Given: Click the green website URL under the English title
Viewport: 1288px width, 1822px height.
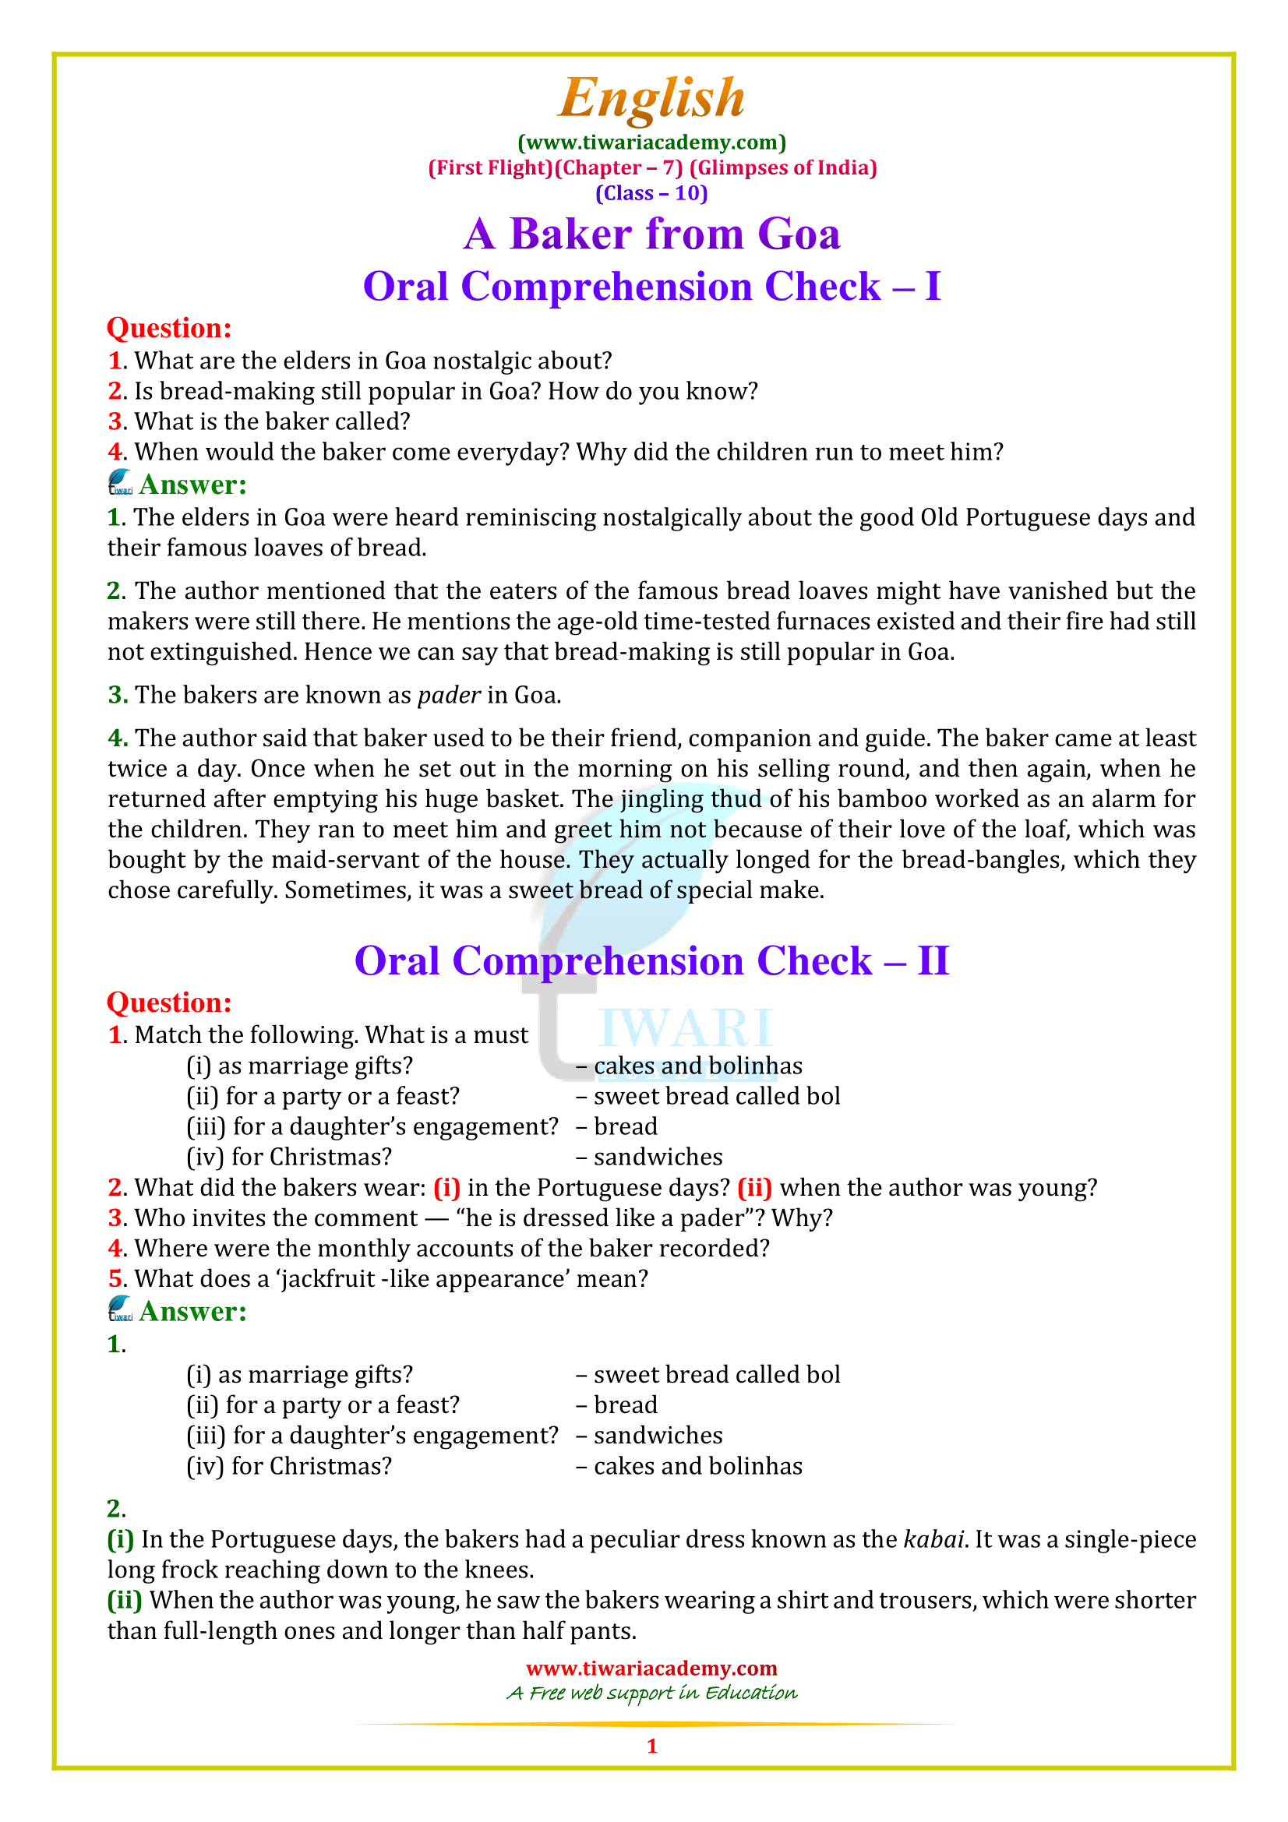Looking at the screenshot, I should (x=651, y=143).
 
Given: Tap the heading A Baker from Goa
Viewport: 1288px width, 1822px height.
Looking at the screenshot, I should (x=651, y=234).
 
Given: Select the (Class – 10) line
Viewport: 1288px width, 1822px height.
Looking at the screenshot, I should (x=651, y=194).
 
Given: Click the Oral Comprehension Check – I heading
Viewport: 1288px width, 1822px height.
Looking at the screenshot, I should (x=651, y=287).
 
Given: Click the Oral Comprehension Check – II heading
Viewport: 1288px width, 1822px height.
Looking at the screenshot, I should (x=651, y=961).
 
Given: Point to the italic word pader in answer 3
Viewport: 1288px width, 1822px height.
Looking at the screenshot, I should (x=448, y=696).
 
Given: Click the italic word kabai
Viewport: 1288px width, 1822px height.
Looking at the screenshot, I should (x=934, y=1539).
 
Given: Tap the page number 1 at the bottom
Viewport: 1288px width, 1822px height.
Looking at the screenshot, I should (x=651, y=1746).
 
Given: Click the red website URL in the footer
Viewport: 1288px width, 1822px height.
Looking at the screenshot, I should (x=651, y=1668).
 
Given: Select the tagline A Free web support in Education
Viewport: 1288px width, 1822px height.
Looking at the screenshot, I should (x=651, y=1693).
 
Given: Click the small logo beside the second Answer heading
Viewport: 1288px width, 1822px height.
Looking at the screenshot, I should (x=120, y=1309).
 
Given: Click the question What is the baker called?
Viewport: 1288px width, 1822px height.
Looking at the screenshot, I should (x=271, y=421).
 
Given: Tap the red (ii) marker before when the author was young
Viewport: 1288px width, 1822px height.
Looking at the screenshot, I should (x=754, y=1188).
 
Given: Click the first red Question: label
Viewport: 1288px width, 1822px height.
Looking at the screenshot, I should (x=169, y=329).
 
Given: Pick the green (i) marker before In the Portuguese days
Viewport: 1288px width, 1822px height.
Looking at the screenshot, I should (x=120, y=1539).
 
